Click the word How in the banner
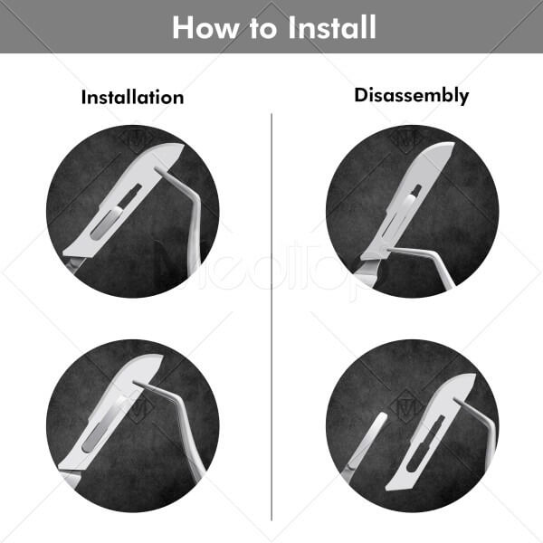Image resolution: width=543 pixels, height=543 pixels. click(205, 27)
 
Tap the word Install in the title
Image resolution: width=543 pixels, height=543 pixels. click(332, 27)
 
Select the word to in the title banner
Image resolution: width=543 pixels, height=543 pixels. click(263, 28)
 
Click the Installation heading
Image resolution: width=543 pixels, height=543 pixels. click(132, 98)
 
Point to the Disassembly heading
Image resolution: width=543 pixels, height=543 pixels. click(412, 95)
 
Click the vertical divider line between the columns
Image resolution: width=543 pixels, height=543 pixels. click(271, 317)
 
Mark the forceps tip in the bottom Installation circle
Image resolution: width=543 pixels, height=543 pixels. click(135, 382)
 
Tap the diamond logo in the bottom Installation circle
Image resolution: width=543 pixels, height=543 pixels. click(141, 409)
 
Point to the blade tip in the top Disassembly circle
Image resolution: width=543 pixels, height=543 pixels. click(452, 144)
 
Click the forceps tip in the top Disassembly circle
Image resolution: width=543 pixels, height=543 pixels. click(388, 249)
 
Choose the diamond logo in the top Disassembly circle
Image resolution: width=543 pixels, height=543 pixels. click(406, 138)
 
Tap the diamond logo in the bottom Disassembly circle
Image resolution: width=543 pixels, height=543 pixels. click(406, 407)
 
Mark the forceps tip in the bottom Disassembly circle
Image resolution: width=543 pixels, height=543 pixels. click(456, 400)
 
